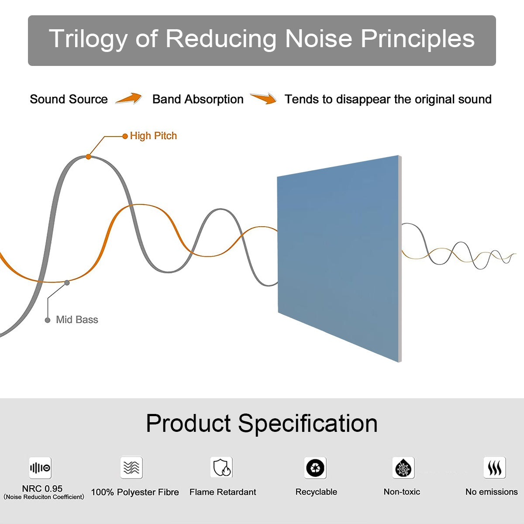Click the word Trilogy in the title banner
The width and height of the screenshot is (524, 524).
[x=88, y=39]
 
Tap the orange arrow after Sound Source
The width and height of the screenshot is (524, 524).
[x=129, y=98]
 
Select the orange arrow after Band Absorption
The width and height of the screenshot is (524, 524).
[x=263, y=98]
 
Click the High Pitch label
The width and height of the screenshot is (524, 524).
[x=153, y=136]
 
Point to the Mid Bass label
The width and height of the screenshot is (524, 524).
[x=77, y=320]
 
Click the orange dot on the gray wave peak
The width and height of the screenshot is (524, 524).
[x=88, y=157]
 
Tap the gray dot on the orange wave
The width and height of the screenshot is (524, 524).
[x=67, y=283]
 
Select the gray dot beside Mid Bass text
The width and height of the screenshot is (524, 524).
[x=48, y=321]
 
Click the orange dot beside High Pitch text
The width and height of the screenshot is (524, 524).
[x=125, y=136]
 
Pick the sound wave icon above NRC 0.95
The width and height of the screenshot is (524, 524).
[x=40, y=468]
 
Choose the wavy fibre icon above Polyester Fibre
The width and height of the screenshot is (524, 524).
[x=131, y=467]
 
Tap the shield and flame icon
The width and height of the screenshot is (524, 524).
[x=221, y=467]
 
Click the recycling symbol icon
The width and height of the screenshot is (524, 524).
[x=315, y=468]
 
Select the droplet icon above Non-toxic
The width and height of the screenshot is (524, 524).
[x=403, y=468]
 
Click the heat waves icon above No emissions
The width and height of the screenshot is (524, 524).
[x=495, y=467]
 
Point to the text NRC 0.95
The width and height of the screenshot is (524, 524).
[x=42, y=489]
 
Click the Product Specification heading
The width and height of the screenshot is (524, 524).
[x=262, y=424]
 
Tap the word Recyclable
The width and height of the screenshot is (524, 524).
[x=316, y=492]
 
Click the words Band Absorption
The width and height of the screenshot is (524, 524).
[x=198, y=99]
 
